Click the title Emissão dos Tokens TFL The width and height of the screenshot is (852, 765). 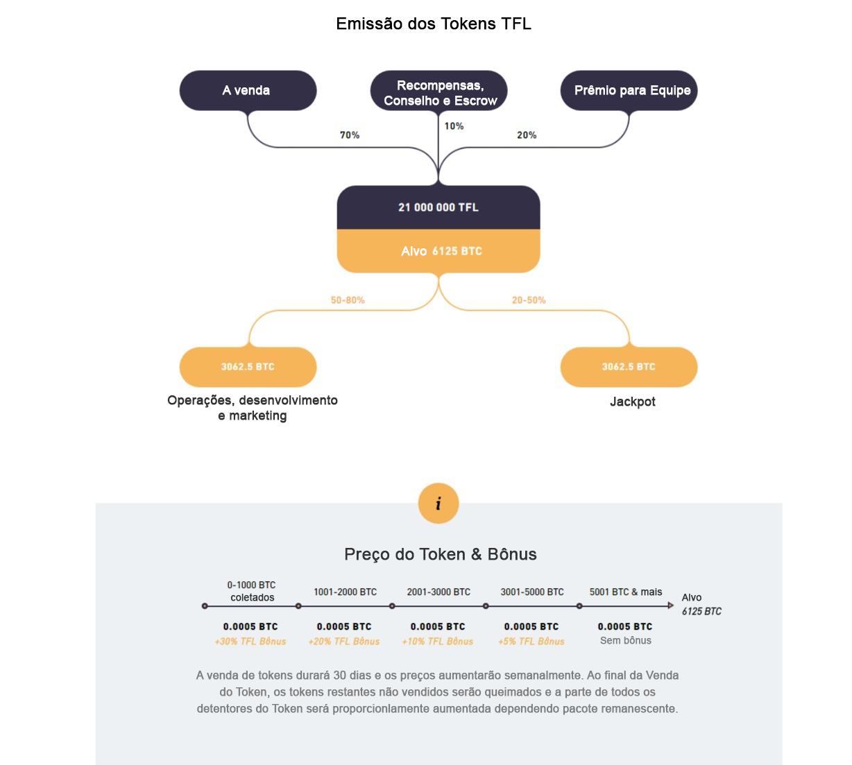click(x=434, y=24)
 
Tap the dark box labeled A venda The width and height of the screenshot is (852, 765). click(x=248, y=90)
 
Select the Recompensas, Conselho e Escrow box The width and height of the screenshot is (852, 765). click(x=438, y=90)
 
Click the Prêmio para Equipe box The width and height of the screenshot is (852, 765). click(x=629, y=90)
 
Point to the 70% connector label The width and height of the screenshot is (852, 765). click(x=350, y=135)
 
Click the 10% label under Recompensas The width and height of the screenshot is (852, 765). click(x=454, y=126)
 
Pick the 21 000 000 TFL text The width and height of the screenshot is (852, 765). click(x=438, y=207)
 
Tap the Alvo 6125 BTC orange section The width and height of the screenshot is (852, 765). click(x=438, y=251)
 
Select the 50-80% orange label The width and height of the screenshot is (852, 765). click(x=348, y=300)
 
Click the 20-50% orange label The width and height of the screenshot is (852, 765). click(x=529, y=300)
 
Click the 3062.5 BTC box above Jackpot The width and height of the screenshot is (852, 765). click(x=629, y=367)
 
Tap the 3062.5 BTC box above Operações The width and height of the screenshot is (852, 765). click(x=248, y=367)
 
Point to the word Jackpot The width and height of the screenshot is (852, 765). click(x=633, y=402)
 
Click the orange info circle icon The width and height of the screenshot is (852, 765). click(x=438, y=503)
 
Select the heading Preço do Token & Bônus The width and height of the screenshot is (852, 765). click(x=441, y=554)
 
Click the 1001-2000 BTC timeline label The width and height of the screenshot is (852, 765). click(x=345, y=592)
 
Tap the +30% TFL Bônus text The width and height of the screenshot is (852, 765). click(x=250, y=642)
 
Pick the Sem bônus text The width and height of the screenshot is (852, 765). click(x=625, y=641)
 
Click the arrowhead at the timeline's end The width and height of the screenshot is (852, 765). click(x=671, y=605)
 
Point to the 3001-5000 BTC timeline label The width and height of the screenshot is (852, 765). click(x=532, y=592)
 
